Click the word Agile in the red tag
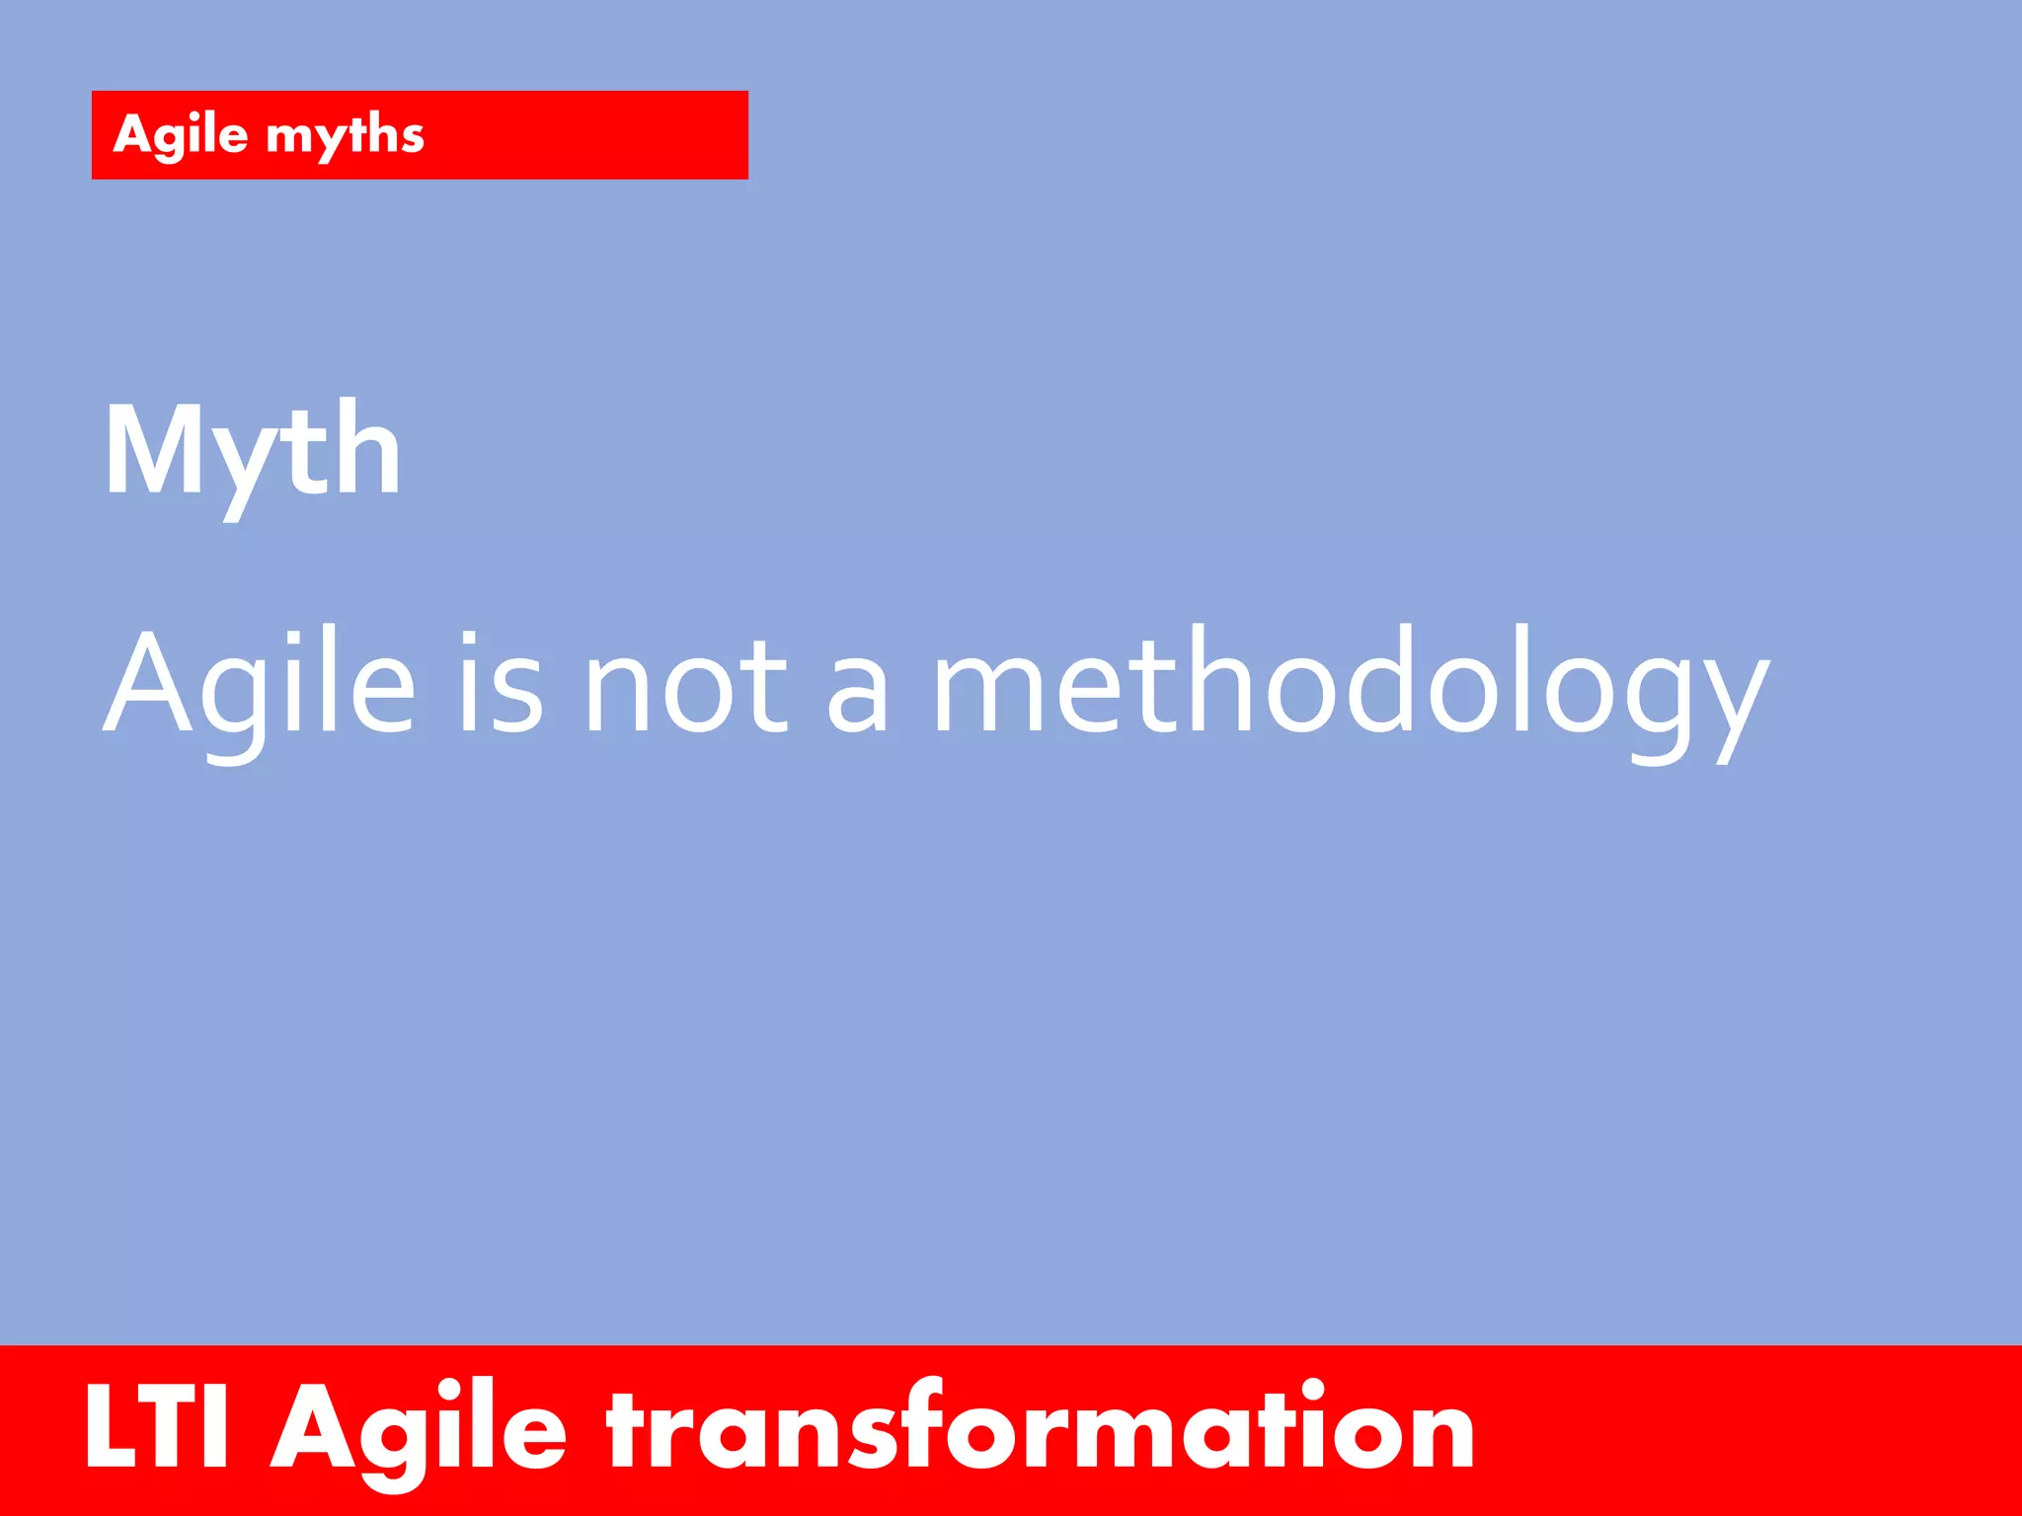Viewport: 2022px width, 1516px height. [x=181, y=135]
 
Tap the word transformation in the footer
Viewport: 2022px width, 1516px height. [x=1041, y=1427]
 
